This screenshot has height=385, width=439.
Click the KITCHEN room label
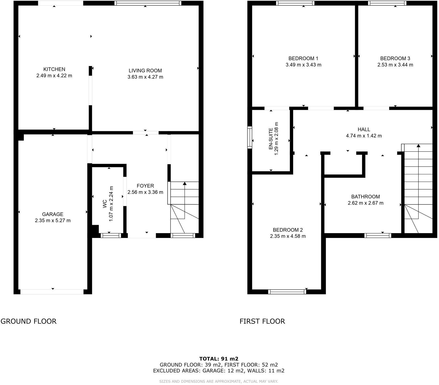(x=54, y=69)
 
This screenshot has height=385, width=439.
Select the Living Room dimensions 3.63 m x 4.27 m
(x=145, y=77)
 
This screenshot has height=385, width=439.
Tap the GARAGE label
(x=53, y=214)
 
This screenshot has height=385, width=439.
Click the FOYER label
(x=145, y=186)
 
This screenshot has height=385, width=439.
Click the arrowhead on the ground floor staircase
(x=185, y=183)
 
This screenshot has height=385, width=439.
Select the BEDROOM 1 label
(x=303, y=58)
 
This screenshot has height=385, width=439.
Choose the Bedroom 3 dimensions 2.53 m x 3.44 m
(x=395, y=65)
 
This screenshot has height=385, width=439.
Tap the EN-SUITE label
(x=271, y=139)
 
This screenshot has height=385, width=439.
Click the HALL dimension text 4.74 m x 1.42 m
(x=364, y=136)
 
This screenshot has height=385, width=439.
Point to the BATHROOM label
(x=366, y=197)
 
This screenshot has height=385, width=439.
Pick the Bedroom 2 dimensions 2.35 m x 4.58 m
(x=288, y=236)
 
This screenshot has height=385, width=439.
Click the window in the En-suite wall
(x=250, y=137)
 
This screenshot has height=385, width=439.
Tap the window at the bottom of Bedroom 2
(x=287, y=292)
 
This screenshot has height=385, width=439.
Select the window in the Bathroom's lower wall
(x=378, y=236)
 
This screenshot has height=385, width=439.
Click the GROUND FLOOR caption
(x=29, y=321)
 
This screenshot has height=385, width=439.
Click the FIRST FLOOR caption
(x=262, y=321)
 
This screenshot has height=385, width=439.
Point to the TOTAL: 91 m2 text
(x=219, y=359)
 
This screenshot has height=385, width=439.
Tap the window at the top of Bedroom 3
(x=387, y=3)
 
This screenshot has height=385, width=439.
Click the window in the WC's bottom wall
(x=111, y=236)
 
